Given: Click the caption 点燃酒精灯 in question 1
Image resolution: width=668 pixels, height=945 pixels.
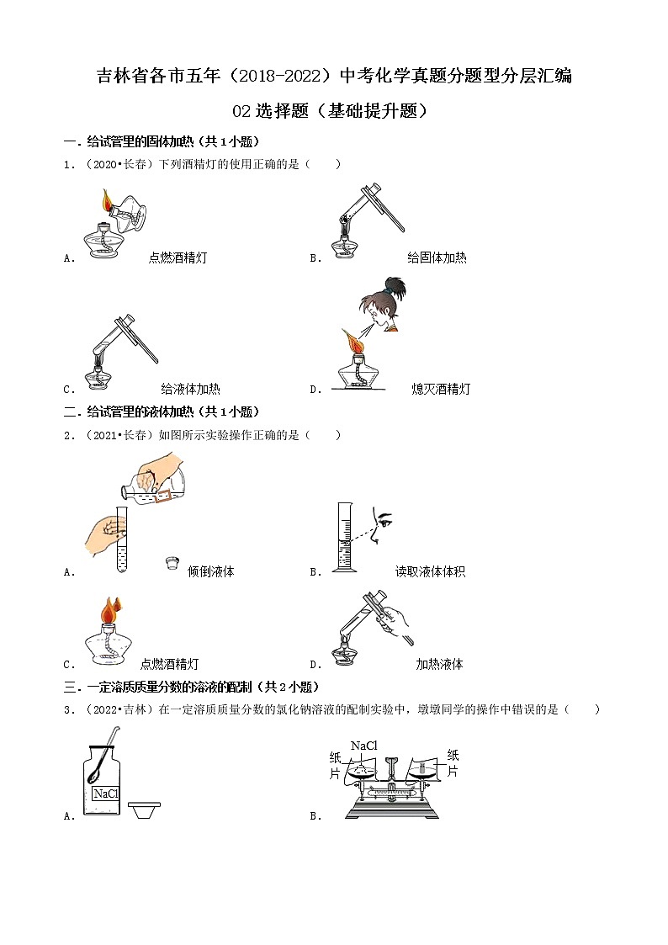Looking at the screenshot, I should [x=177, y=258].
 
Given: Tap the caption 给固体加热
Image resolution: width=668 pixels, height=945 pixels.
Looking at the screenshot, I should [x=437, y=258].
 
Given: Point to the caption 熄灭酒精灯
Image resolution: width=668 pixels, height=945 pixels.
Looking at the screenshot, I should [x=441, y=389].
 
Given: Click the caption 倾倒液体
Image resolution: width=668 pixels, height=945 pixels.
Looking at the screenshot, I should [x=211, y=571].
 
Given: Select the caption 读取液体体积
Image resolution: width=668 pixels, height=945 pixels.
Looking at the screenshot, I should [x=430, y=571].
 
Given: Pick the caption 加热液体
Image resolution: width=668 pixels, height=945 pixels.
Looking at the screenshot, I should [x=439, y=664].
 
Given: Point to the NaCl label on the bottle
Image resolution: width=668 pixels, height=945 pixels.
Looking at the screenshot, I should [x=105, y=794].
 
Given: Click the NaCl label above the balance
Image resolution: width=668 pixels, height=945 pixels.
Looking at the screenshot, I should [x=363, y=746].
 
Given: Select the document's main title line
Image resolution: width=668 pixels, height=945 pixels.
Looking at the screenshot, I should [x=334, y=77].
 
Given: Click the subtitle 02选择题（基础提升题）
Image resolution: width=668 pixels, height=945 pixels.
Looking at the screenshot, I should [x=334, y=110].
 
